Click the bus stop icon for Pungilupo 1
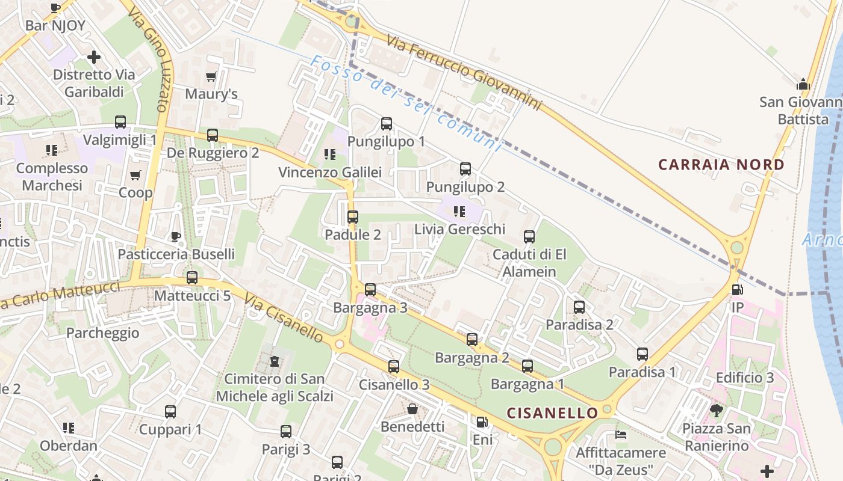click(387, 124)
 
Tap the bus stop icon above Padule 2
click(353, 217)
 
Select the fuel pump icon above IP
click(737, 290)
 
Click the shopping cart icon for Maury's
click(211, 76)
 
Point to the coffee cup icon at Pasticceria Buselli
click(176, 236)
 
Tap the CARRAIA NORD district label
click(721, 165)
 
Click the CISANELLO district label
click(552, 413)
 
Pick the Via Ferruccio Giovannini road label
click(464, 72)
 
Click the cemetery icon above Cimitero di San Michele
click(275, 361)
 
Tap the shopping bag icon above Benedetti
click(412, 409)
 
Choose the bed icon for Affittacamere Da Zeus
click(621, 434)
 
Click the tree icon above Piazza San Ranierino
click(716, 411)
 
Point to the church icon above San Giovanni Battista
click(803, 84)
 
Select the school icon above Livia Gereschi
click(459, 212)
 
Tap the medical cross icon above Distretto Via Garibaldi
click(94, 57)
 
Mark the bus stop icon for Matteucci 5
click(192, 278)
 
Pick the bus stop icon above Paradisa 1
click(642, 354)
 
